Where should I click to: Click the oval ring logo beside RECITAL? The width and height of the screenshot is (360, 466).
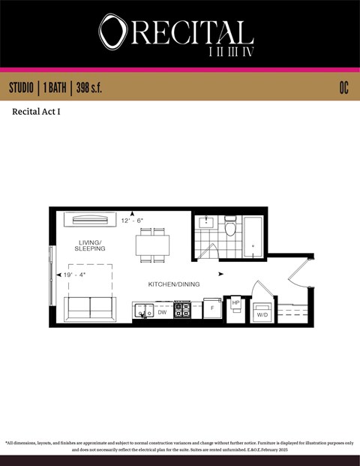(114, 32)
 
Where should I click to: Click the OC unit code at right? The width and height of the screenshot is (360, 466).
(343, 88)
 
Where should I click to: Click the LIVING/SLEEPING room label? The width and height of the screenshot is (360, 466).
(90, 245)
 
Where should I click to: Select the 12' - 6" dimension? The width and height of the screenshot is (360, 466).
(132, 221)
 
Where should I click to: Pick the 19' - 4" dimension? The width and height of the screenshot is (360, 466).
(73, 275)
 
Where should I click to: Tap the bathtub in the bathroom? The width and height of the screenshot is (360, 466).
(254, 235)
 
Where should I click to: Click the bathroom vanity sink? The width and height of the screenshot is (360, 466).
(205, 223)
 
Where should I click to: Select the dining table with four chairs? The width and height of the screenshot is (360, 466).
(152, 245)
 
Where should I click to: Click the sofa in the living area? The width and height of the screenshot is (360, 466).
(90, 308)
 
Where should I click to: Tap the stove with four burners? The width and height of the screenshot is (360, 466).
(182, 310)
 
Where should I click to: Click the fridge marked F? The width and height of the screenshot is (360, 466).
(212, 308)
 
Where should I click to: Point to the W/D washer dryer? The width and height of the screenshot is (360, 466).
(262, 313)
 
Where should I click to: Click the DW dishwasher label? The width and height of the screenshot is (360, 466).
(162, 312)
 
